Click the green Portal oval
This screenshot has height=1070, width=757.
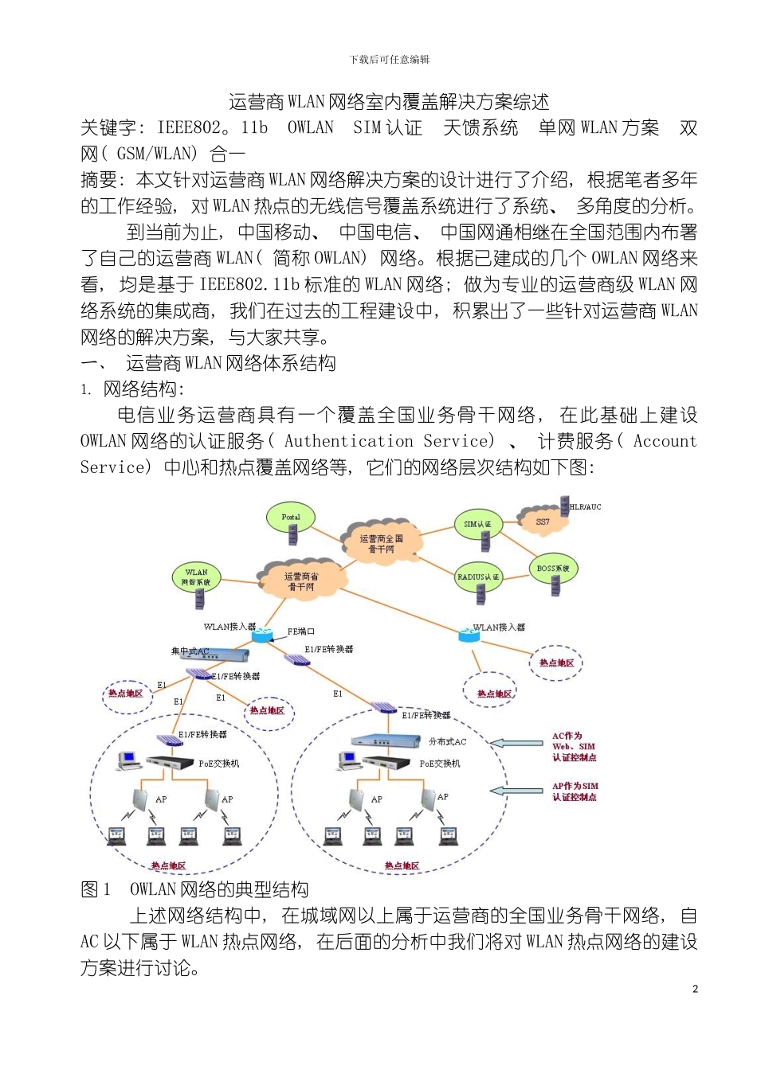[x=290, y=517]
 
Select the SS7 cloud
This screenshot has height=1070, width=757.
[x=543, y=522]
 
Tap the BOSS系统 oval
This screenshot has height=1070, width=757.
[x=553, y=568]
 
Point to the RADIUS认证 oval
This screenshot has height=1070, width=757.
[x=478, y=576]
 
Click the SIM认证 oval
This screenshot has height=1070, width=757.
[x=478, y=523]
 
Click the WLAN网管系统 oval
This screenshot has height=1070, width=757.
[x=196, y=576]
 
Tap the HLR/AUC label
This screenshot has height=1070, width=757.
[x=586, y=507]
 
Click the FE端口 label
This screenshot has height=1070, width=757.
[x=301, y=631]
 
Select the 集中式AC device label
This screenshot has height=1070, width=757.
[x=190, y=651]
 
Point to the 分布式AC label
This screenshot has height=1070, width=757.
[x=447, y=741]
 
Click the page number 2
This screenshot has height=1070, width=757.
[x=695, y=989]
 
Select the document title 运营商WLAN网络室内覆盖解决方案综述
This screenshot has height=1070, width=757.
[x=389, y=102]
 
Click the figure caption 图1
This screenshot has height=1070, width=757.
[x=96, y=889]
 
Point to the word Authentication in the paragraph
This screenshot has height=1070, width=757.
[x=348, y=441]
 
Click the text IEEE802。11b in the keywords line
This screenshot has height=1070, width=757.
[x=212, y=127]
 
